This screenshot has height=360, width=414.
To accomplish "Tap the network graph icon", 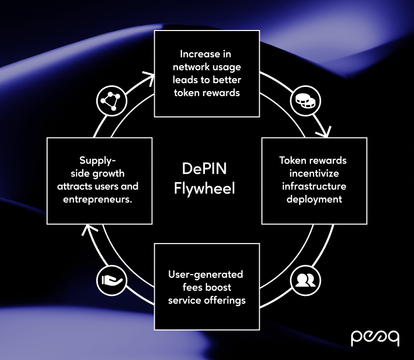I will point(110,100).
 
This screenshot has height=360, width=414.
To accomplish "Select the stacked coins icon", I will point(303,101).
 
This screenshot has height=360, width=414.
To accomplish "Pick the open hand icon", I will point(109,280).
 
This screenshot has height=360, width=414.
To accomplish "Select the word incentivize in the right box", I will point(314,173).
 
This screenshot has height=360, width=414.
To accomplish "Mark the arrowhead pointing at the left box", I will point(88,229).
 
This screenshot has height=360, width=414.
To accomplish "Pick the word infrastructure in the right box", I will point(314,186).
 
